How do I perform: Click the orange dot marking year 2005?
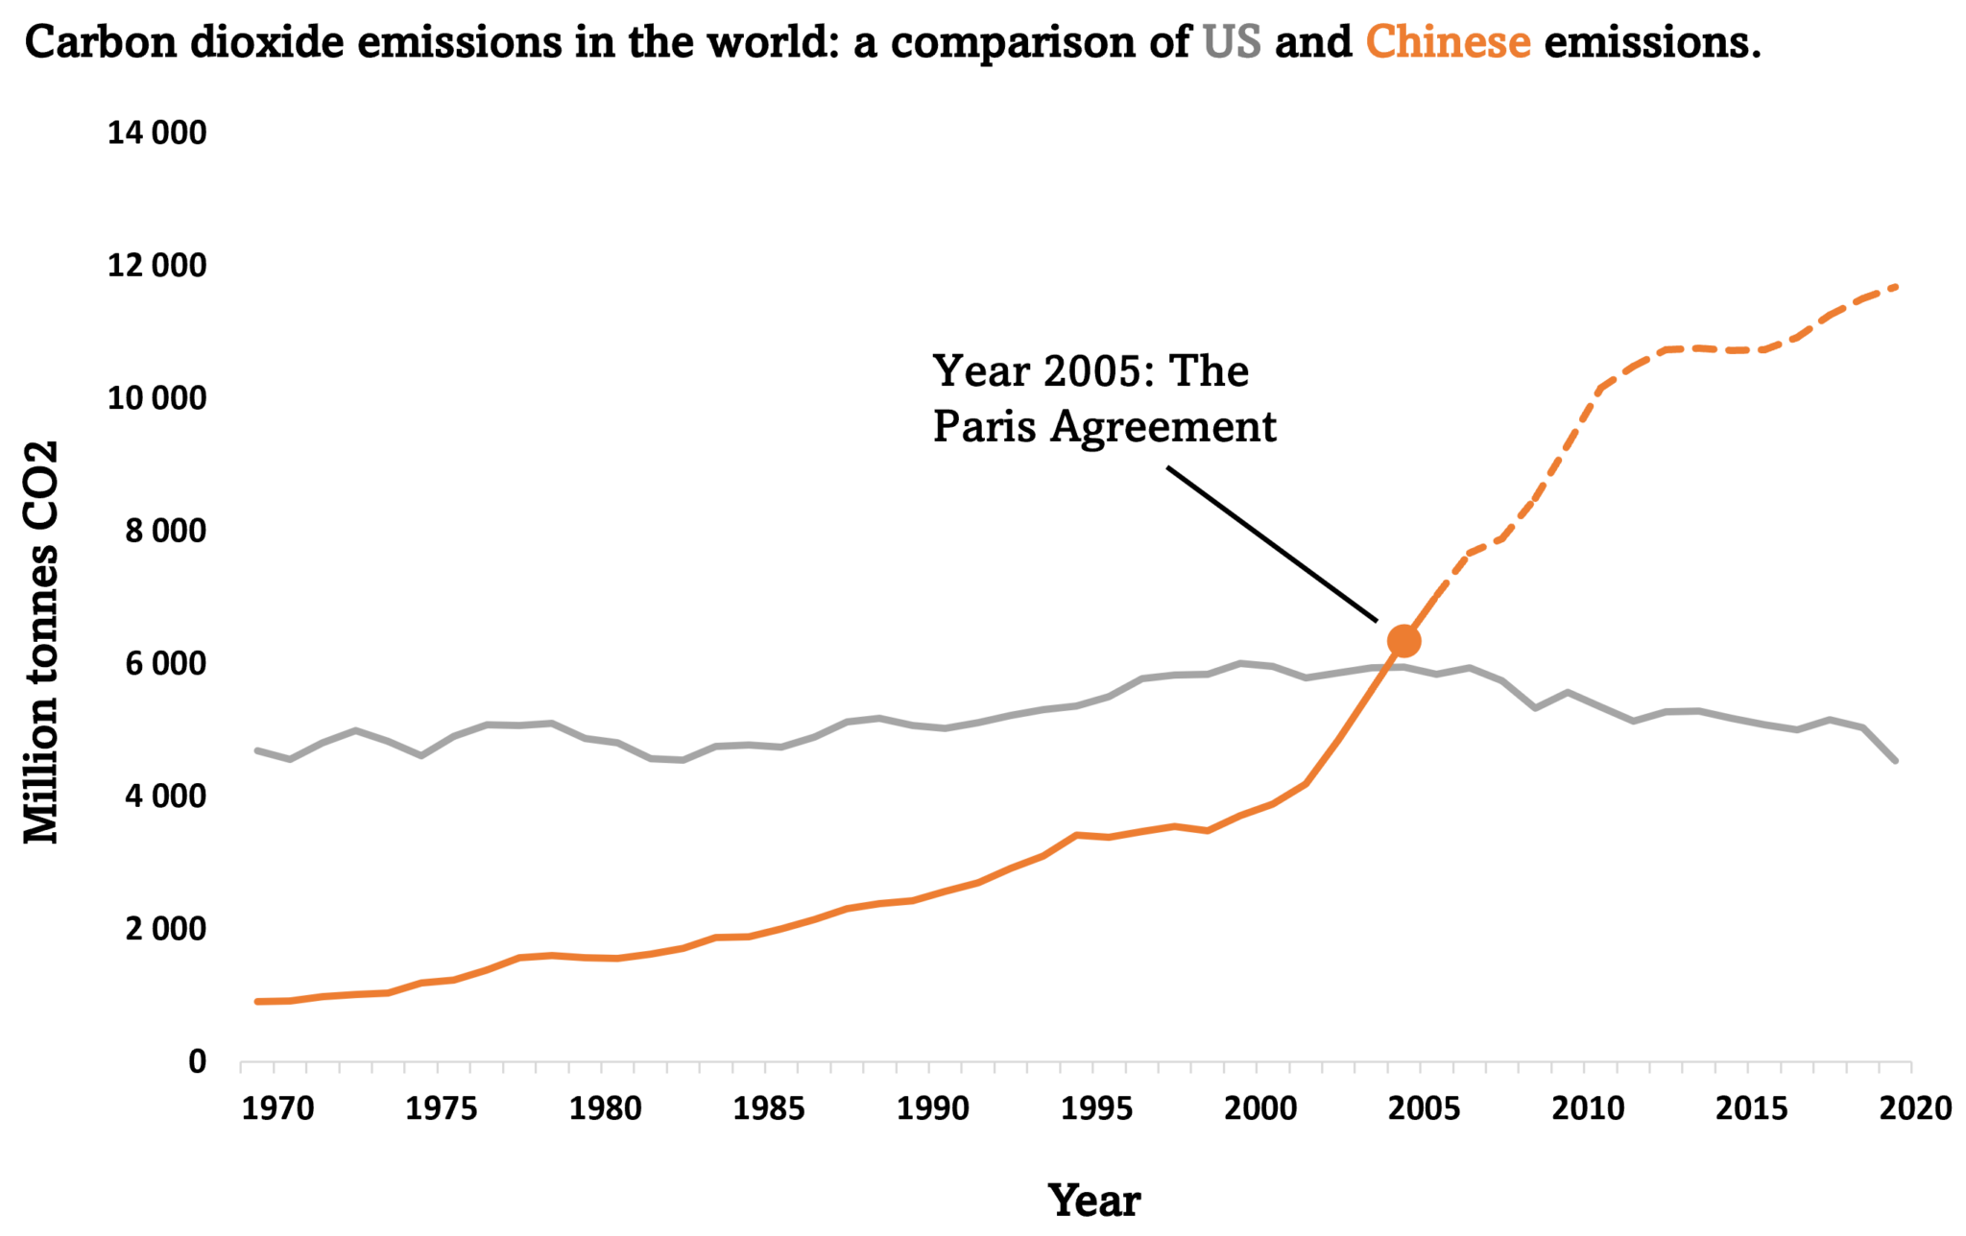(1403, 640)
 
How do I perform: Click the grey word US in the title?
(1232, 42)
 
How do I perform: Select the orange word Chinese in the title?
(1448, 42)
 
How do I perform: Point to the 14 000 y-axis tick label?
(156, 133)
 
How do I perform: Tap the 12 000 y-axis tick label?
(156, 266)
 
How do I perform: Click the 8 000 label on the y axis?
(165, 531)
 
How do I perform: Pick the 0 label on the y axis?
(197, 1061)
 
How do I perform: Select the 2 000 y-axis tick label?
(165, 929)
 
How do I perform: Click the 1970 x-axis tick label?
(277, 1109)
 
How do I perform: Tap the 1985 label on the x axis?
(769, 1109)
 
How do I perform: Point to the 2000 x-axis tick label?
(1260, 1109)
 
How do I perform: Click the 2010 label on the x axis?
(1588, 1109)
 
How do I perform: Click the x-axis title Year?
(1094, 1200)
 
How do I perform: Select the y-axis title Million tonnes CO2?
(42, 642)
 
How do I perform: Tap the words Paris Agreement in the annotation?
(1104, 427)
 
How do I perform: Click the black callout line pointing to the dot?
(1272, 544)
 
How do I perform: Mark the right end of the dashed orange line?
(1896, 286)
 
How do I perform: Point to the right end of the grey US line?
(1896, 761)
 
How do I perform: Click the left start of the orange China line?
(257, 1002)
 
